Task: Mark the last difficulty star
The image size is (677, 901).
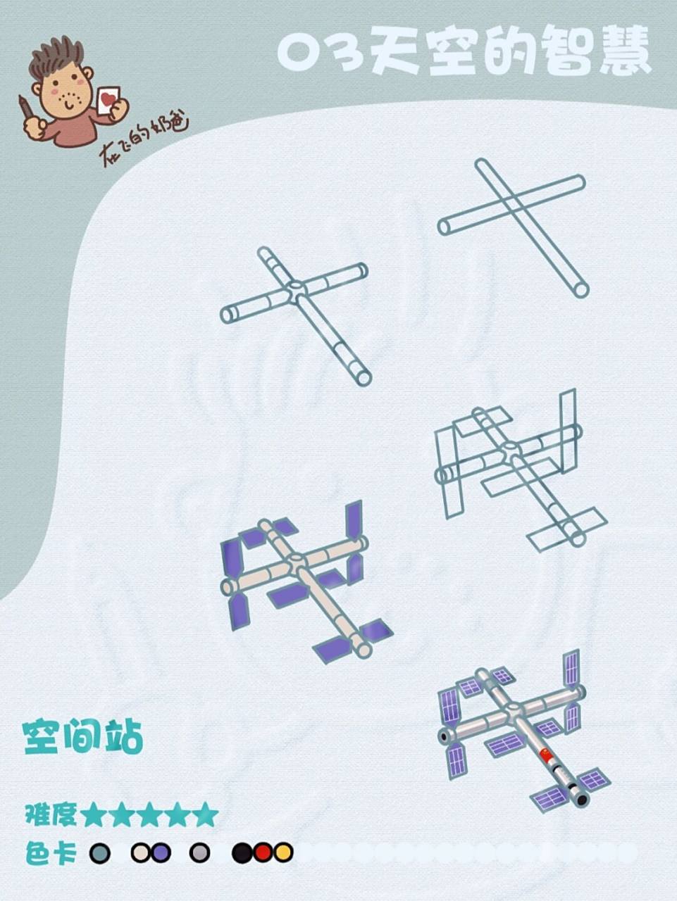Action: coord(205,814)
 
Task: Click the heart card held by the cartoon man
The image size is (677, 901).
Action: coord(108,100)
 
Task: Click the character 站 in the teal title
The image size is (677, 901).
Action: coord(124,737)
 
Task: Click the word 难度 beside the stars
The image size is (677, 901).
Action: coord(51,814)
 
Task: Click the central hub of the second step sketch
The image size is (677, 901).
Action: coord(296,287)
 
